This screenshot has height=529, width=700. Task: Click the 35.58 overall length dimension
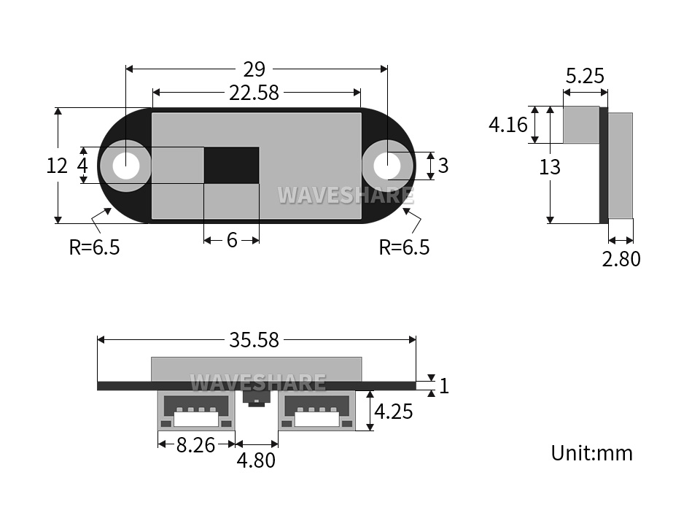click(x=254, y=340)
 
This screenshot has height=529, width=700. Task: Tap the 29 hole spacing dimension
click(x=254, y=69)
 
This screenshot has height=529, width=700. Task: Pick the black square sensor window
click(x=231, y=165)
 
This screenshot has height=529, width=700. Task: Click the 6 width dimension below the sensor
click(x=232, y=240)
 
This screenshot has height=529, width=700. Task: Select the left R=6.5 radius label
click(x=94, y=247)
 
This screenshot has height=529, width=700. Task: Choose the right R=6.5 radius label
click(x=404, y=247)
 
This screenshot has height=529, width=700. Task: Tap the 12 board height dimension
click(x=57, y=166)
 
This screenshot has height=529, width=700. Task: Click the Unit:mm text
click(x=591, y=453)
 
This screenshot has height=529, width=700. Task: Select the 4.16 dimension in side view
click(x=507, y=125)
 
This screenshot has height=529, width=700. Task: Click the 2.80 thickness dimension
click(x=621, y=258)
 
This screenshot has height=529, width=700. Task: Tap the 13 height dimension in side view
click(x=550, y=167)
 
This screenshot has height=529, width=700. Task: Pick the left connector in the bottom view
click(x=197, y=410)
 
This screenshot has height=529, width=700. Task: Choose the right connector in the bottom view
click(x=317, y=410)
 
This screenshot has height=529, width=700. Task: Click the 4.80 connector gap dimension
click(x=256, y=460)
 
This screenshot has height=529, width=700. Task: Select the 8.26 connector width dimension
click(x=195, y=444)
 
